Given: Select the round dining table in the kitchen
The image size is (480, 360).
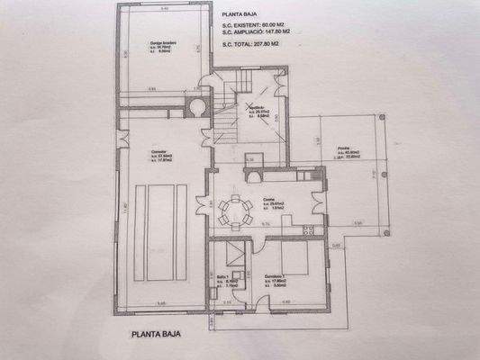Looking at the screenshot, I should coord(236,212).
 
